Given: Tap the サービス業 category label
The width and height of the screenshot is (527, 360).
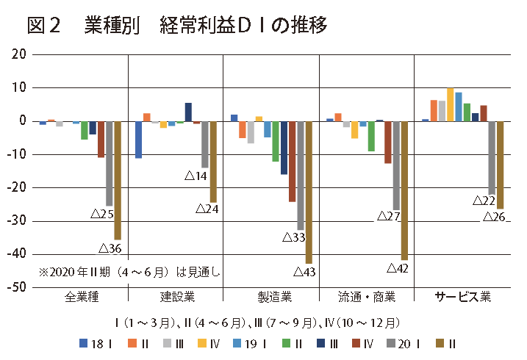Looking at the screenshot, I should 462,298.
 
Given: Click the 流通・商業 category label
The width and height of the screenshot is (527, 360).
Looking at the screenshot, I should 367,298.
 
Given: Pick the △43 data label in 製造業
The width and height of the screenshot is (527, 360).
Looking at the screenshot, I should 304,273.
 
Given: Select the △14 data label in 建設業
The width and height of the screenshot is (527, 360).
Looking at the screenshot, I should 196,176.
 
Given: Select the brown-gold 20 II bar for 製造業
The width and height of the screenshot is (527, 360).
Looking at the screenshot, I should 309,191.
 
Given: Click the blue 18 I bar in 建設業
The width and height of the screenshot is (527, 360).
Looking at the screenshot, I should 138,139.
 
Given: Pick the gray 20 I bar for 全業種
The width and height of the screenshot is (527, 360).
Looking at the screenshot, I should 109,163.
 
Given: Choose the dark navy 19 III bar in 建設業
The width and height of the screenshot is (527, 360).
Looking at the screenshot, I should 188,112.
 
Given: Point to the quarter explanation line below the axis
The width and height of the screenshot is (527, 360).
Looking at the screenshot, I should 257,322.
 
